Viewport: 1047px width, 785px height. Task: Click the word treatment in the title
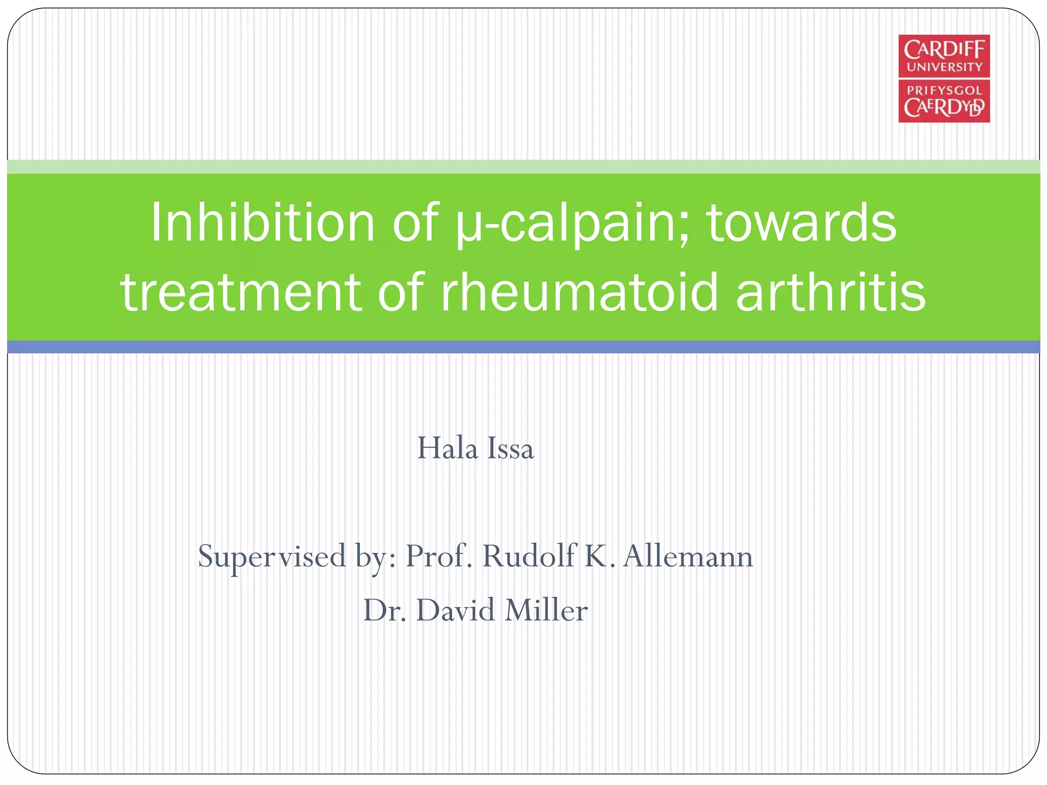tap(241, 292)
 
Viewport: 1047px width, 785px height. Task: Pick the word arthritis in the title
tap(830, 292)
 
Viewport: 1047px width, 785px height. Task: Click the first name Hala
tap(447, 449)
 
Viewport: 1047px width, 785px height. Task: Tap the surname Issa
tap(510, 449)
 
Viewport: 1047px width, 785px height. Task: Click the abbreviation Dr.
tap(384, 610)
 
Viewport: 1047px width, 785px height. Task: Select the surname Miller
tap(545, 610)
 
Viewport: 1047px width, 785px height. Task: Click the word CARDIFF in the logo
tap(944, 50)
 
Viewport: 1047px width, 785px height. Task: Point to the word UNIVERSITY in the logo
tap(944, 67)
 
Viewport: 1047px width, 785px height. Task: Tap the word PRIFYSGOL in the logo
tap(944, 90)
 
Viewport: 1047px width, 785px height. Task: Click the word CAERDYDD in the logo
tap(944, 108)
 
